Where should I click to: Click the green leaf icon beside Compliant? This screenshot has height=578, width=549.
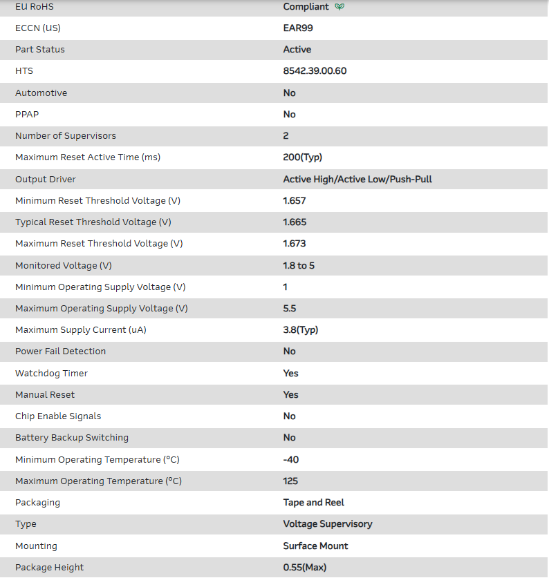(339, 7)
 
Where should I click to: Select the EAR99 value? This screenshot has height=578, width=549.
(298, 28)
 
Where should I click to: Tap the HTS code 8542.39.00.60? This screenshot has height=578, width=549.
(315, 71)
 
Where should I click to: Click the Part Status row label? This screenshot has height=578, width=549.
(40, 50)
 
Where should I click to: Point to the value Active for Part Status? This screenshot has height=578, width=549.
(297, 50)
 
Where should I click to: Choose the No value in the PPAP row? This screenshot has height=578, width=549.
(289, 115)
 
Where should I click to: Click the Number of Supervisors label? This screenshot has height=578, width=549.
(66, 136)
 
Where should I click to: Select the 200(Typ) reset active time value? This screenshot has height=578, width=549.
(302, 157)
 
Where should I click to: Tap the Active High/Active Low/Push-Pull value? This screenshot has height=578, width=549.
(357, 180)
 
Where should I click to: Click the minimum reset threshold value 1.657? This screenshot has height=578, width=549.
(295, 201)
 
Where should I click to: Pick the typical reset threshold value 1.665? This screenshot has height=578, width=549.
(295, 222)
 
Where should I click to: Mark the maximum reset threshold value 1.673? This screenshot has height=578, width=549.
(295, 244)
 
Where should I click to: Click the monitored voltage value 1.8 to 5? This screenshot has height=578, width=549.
(299, 266)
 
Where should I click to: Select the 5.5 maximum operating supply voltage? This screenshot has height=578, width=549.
(290, 309)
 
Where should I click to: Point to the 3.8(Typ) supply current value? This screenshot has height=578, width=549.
(301, 330)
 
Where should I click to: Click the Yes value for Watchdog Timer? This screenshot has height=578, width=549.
(291, 374)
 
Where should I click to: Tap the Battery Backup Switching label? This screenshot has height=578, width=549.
(72, 438)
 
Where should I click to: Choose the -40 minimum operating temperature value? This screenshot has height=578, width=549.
(291, 460)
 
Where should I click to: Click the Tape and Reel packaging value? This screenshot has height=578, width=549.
(314, 503)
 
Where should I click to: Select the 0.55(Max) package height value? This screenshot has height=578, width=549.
(305, 568)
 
